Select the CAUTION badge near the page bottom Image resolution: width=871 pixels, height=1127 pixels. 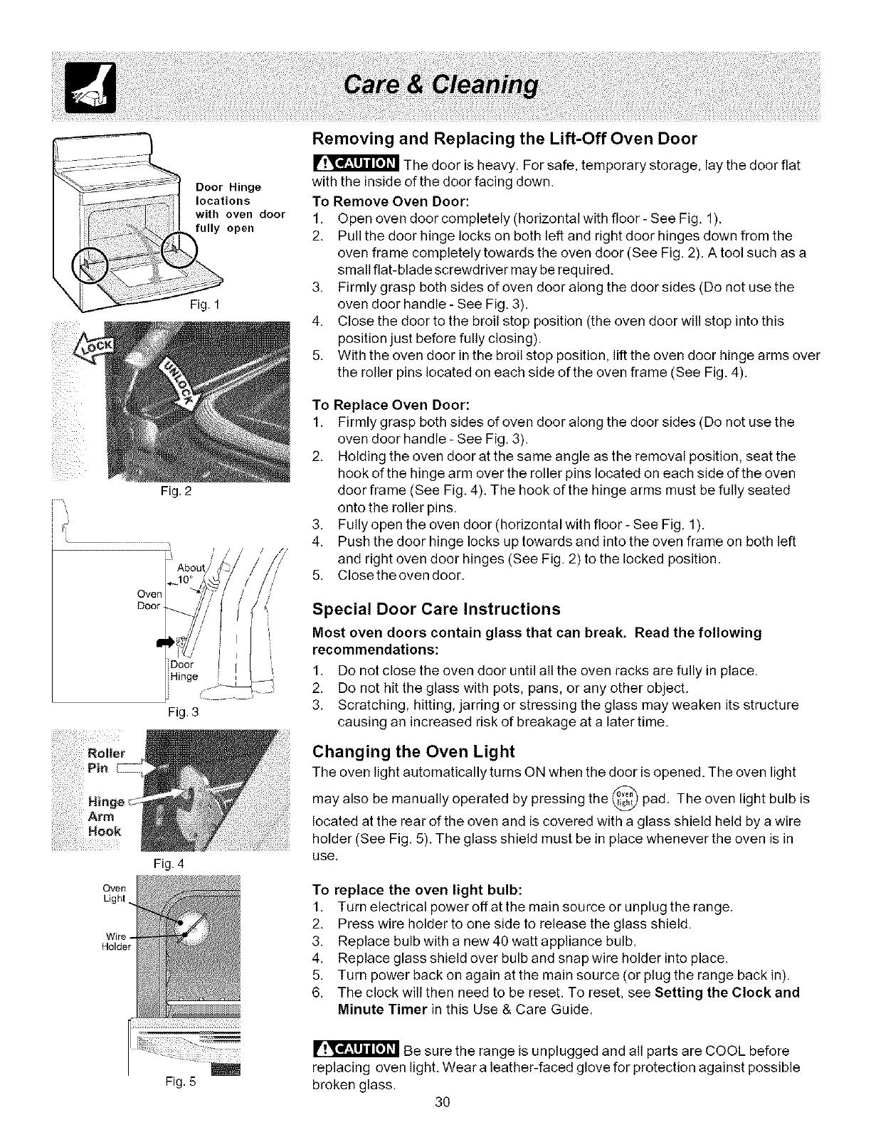click(356, 1050)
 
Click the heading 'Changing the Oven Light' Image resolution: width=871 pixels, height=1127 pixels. click(413, 751)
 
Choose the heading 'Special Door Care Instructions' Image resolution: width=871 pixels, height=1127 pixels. click(436, 609)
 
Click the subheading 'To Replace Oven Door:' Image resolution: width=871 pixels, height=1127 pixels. click(391, 405)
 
